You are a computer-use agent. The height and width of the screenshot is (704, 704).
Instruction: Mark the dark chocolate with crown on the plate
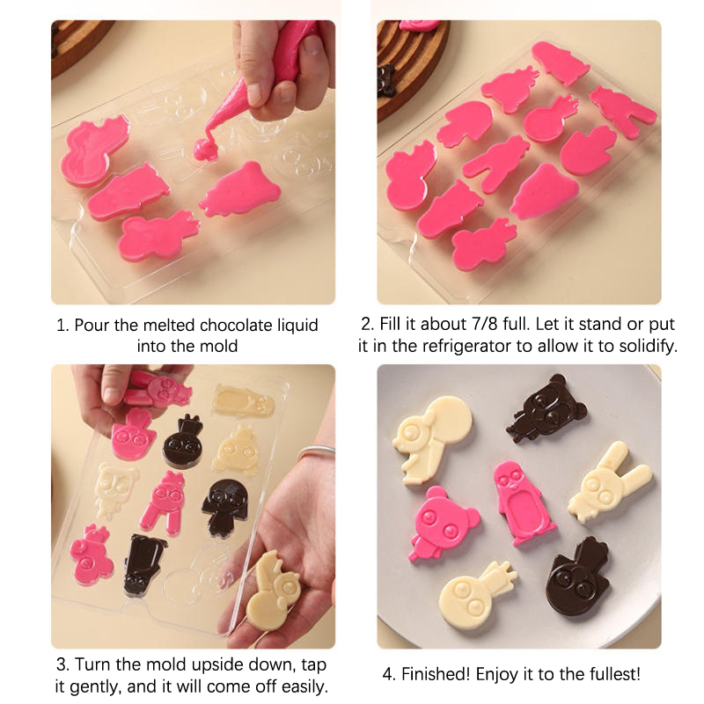point(577,578)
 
